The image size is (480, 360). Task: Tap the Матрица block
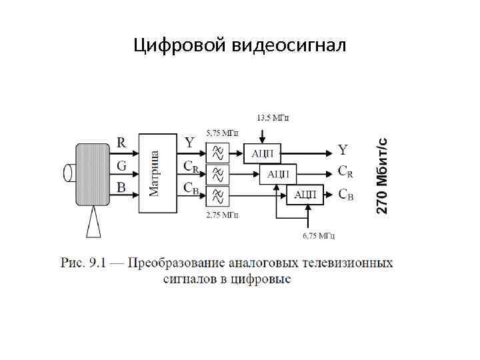pyautogui.click(x=155, y=173)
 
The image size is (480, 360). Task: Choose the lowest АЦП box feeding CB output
pyautogui.click(x=305, y=195)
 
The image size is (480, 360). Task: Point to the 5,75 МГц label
pyautogui.click(x=221, y=133)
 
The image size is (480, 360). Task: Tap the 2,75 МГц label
pyautogui.click(x=221, y=215)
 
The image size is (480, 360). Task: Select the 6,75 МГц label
pyautogui.click(x=318, y=235)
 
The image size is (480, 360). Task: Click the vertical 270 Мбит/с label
pyautogui.click(x=382, y=175)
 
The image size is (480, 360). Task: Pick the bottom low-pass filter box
pyautogui.click(x=217, y=196)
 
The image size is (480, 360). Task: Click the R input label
pyautogui.click(x=122, y=142)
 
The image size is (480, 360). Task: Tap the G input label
pyautogui.click(x=122, y=165)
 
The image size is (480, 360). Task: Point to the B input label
pyautogui.click(x=122, y=187)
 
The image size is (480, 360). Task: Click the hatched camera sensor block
pyautogui.click(x=93, y=173)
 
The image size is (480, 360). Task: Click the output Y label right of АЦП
pyautogui.click(x=343, y=149)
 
